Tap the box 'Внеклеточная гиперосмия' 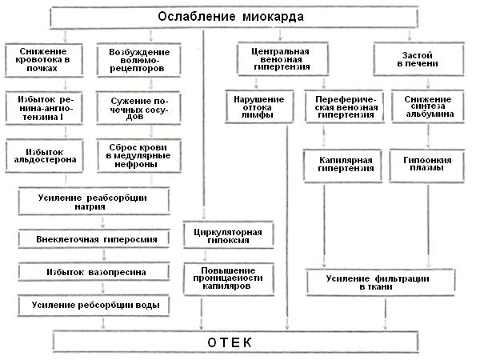click(94, 238)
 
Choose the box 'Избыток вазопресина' click(94, 272)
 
